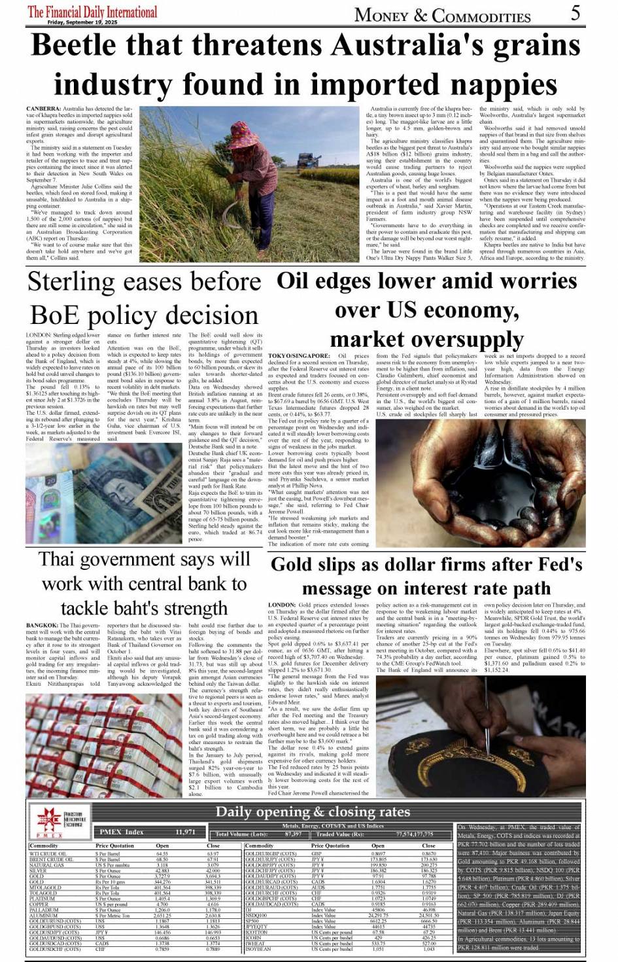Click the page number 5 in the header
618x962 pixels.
coord(575,12)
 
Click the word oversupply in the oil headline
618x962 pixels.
coord(426,340)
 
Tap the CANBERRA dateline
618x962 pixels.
coord(44,108)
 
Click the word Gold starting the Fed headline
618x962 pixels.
coord(292,565)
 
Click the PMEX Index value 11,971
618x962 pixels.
coord(185,832)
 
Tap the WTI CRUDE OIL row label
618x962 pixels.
coord(48,853)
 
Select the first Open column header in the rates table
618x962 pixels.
coord(162,846)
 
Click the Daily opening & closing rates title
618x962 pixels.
coord(313,812)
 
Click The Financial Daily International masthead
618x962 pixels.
coord(92,12)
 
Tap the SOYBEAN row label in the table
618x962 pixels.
coord(258,948)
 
